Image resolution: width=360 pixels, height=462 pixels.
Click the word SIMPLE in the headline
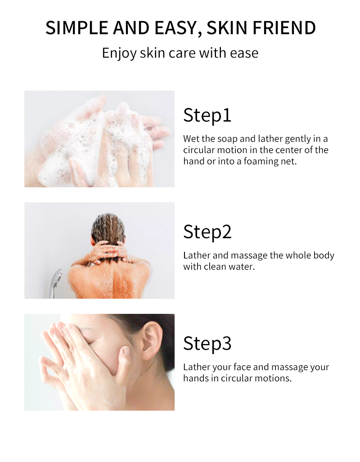(77, 28)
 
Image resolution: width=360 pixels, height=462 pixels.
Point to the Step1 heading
(207, 115)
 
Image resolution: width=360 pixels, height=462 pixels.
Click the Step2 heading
(207, 231)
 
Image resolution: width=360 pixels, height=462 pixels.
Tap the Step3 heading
(207, 343)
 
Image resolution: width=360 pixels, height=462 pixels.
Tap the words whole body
(310, 255)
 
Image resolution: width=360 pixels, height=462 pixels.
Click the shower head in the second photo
(57, 276)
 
